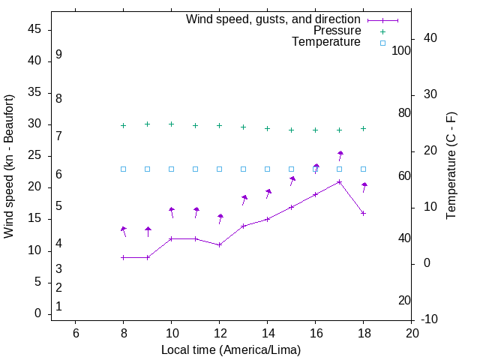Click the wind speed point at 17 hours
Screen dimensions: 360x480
coord(340,181)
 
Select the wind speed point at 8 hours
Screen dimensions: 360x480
coord(124,257)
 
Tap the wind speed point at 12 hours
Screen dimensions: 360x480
coord(220,244)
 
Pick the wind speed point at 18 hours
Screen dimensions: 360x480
coord(364,213)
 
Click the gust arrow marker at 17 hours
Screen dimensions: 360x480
coord(340,154)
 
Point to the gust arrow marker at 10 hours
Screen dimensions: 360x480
coord(172,210)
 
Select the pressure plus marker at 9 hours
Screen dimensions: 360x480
coord(148,124)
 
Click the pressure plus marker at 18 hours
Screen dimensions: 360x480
coord(364,129)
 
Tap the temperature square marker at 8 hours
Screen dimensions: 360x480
coord(124,169)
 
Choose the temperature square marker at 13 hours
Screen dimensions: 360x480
coord(244,169)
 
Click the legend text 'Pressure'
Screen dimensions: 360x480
coord(337,31)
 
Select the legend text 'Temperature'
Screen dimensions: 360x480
coord(326,43)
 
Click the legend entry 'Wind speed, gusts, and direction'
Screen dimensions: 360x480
coord(273,19)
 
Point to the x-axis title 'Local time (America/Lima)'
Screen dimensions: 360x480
coord(231,349)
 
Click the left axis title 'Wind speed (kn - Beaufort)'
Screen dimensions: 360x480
coord(9,166)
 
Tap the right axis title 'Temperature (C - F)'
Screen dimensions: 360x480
coord(451,166)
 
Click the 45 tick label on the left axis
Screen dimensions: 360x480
coord(34,29)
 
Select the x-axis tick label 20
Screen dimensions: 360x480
coord(412,334)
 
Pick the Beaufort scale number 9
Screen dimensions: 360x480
coord(58,55)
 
